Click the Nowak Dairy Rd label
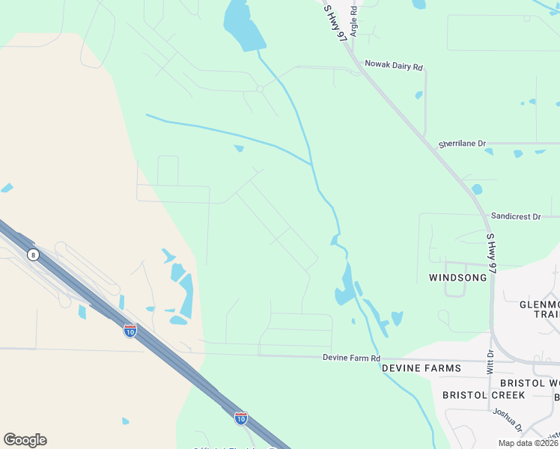[394, 65]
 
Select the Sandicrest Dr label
[515, 216]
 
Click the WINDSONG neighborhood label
[457, 278]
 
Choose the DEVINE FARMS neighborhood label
[419, 369]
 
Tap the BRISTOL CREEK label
[484, 394]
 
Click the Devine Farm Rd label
[351, 358]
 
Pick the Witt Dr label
[490, 362]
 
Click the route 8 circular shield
[33, 255]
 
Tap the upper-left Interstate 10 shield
[130, 330]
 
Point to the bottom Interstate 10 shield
[240, 418]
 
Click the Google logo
[25, 440]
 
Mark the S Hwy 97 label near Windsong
[491, 252]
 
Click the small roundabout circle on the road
[260, 88]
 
